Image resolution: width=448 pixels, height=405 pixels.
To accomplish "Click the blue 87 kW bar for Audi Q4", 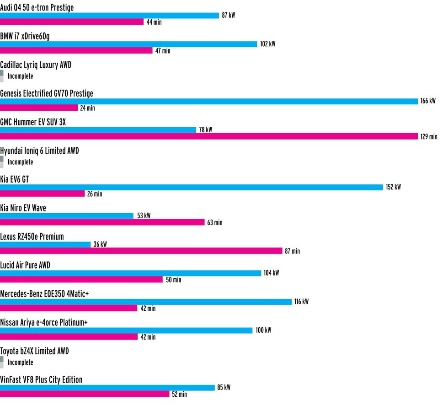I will (110, 16).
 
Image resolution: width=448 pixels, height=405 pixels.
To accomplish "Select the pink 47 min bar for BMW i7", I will (76, 51).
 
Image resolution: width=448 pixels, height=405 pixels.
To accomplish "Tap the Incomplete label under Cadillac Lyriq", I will (20, 76).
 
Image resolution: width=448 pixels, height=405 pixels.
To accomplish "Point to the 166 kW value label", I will (428, 101).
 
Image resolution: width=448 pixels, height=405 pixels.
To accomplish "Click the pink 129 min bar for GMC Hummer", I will (209, 136).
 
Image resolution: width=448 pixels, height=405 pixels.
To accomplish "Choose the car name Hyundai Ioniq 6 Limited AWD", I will (39, 151).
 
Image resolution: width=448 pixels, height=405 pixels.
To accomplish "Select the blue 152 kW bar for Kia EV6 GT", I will (191, 187).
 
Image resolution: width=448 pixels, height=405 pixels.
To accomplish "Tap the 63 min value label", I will (215, 223).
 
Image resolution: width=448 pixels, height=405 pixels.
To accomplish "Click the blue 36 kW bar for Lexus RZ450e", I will (45, 244).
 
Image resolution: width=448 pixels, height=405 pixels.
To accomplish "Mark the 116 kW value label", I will (301, 302).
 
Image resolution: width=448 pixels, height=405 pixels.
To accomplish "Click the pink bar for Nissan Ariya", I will (69, 337).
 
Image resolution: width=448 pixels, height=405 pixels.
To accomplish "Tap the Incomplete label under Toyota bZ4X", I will (20, 362).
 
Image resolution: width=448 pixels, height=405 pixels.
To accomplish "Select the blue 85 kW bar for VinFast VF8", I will (107, 388).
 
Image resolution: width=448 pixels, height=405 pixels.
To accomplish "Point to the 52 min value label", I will (179, 394).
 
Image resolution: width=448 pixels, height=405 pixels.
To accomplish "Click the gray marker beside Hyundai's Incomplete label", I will (2, 162).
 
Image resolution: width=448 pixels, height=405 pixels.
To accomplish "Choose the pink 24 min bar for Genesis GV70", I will (39, 108).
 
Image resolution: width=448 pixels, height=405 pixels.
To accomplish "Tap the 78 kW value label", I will (205, 130).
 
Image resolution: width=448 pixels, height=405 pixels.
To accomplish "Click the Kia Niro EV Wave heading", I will (23, 208).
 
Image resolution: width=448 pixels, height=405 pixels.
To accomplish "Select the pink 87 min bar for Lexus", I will (141, 251).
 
